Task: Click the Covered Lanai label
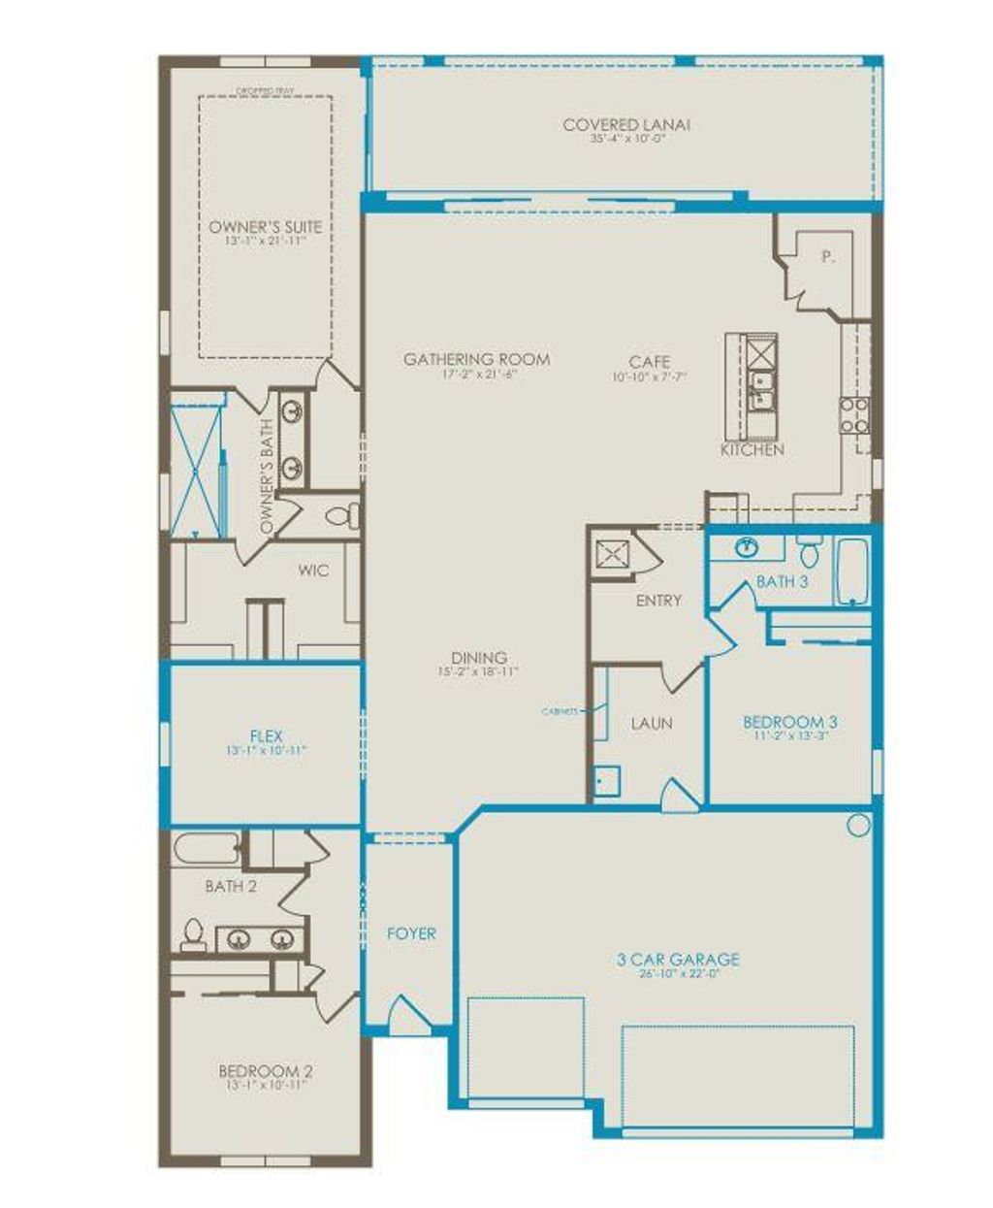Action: [x=627, y=125]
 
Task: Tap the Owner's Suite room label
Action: [x=265, y=227]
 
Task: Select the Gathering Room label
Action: [x=476, y=360]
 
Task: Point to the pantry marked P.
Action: [x=826, y=258]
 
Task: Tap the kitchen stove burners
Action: [x=853, y=414]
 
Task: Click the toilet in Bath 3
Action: [x=810, y=551]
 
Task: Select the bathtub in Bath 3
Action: [x=852, y=572]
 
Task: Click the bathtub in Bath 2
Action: [x=207, y=850]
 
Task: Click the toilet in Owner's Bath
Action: [x=342, y=514]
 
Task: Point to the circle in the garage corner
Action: [x=858, y=826]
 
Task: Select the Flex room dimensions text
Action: [x=265, y=750]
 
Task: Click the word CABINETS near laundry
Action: [x=560, y=711]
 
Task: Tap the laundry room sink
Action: [x=607, y=779]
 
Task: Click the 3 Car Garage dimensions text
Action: [x=678, y=973]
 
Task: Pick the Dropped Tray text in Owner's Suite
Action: [x=265, y=92]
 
